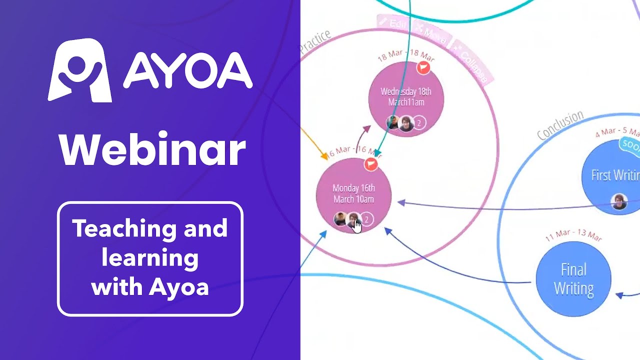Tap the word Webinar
(152, 150)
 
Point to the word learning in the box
(150, 258)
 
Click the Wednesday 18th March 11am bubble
(405, 97)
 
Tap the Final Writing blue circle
(573, 279)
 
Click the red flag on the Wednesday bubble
(423, 67)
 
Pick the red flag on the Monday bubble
(370, 163)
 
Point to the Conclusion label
(560, 125)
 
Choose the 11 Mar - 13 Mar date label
(573, 235)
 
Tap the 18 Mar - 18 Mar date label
(405, 55)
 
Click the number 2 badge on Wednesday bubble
(419, 122)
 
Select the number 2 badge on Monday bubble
(367, 219)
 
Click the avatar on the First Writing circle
(619, 201)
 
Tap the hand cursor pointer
(357, 226)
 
